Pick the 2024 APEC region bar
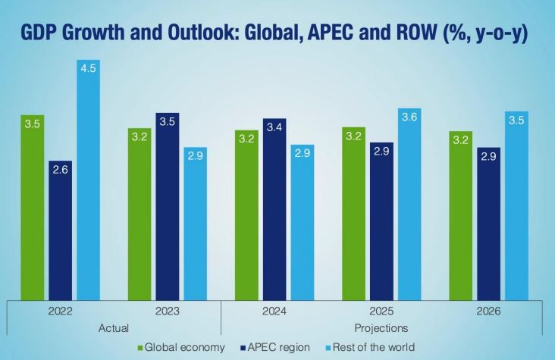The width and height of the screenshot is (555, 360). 274,209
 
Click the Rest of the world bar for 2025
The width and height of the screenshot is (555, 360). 410,205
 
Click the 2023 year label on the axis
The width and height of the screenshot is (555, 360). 168,311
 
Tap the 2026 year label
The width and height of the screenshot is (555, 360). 488,311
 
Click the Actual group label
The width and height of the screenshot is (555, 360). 114,327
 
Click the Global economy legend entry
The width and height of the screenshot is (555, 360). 183,347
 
